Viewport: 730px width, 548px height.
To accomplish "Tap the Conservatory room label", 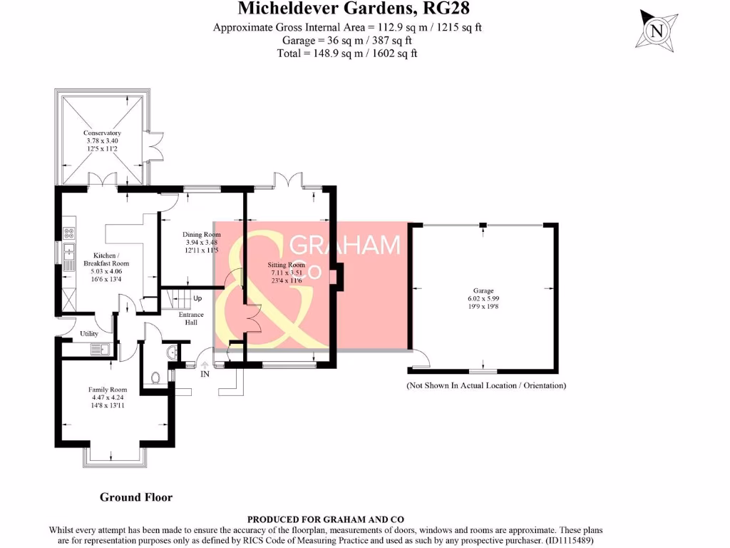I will pos(102,133).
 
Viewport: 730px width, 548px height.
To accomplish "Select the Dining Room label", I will pos(202,235).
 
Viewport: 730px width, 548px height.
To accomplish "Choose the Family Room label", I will pos(107,390).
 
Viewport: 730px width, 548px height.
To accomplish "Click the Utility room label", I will pos(89,333).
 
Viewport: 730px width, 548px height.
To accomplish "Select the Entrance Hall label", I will pos(191,318).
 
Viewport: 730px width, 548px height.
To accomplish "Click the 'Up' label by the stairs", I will pos(197,298).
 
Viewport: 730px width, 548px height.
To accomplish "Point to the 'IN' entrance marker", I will pos(205,374).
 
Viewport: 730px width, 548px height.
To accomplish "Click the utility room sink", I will pos(100,349).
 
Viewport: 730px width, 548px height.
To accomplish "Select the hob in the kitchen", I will pos(69,232).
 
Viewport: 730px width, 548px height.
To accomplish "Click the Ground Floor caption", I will pos(135,497).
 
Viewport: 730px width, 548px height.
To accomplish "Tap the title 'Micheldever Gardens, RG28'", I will pos(354,9).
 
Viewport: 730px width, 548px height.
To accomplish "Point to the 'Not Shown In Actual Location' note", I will pos(486,385).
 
